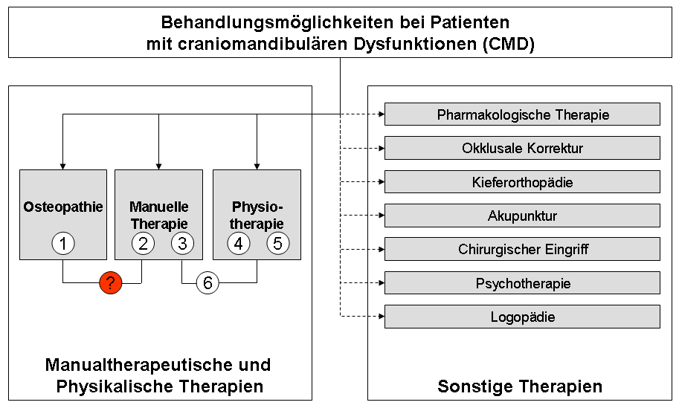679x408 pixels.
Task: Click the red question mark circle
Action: pos(110,282)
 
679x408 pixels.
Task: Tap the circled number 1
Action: pos(63,243)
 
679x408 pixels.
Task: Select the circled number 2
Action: pos(143,243)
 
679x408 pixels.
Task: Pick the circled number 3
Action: pos(182,243)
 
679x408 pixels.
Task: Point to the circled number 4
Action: pos(239,243)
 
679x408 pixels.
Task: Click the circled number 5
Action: pos(278,243)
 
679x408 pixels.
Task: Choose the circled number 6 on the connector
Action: pos(207,282)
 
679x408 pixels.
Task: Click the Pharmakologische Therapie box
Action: pos(522,114)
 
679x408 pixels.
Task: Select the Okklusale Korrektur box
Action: pos(522,148)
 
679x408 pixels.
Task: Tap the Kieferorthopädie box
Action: pos(522,182)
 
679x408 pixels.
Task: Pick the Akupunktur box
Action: pos(522,216)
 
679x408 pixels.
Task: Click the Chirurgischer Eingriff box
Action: pos(522,249)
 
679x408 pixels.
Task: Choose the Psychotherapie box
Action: pos(522,283)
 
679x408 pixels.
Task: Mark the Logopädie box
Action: pos(522,317)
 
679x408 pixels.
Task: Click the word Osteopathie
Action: pos(63,207)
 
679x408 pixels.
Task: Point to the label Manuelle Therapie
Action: pos(158,215)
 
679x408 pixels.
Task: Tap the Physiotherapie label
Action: pos(257,215)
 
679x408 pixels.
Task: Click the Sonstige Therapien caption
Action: pos(520,386)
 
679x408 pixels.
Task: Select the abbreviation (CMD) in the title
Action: pos(508,44)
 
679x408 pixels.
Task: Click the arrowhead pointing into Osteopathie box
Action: pos(63,165)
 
